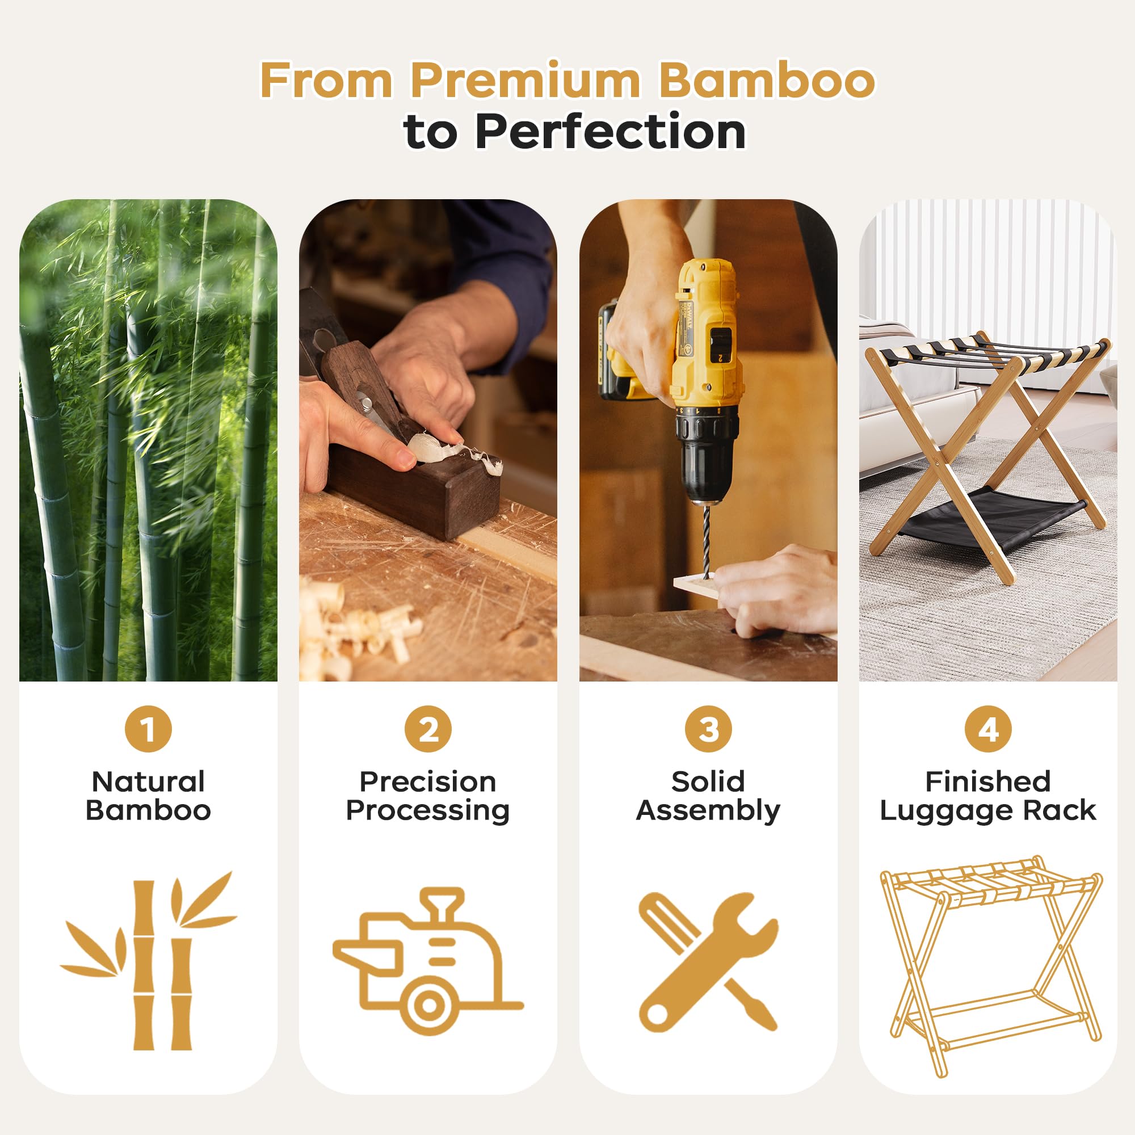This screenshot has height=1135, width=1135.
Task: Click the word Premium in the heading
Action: (x=525, y=80)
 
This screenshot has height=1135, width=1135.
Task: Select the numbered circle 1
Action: (x=148, y=729)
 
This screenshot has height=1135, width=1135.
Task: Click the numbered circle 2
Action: (x=428, y=729)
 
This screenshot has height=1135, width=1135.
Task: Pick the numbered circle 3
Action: (x=708, y=729)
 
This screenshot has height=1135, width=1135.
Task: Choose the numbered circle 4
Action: (x=988, y=729)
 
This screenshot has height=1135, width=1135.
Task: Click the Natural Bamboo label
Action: (x=148, y=796)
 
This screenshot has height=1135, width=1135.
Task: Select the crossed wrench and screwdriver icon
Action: (x=708, y=962)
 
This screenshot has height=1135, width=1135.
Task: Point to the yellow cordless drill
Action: (x=682, y=376)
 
